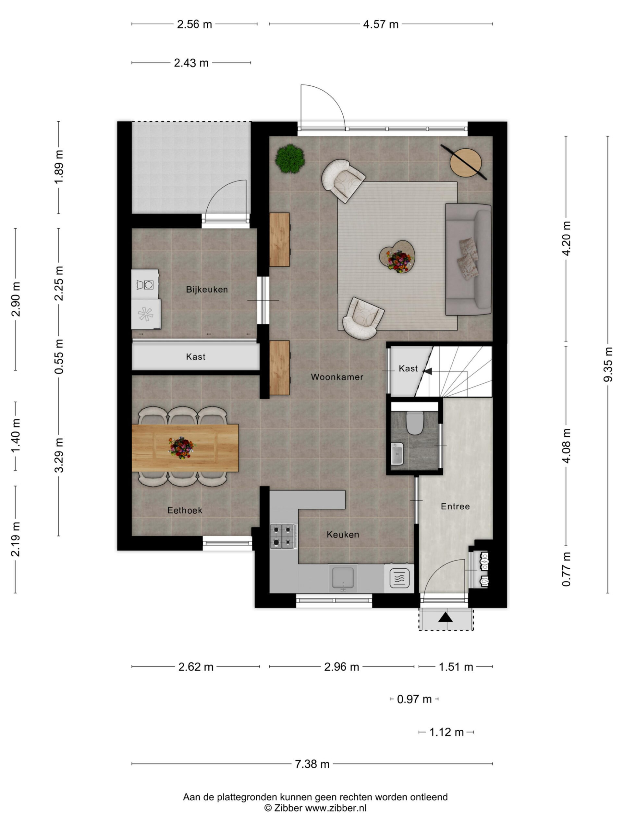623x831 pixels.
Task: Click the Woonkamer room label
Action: pos(337,377)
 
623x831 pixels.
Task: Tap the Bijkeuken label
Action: pos(207,290)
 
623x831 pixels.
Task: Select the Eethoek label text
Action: pos(185,510)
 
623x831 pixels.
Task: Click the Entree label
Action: pos(455,506)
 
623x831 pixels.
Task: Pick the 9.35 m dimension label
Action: pos(608,365)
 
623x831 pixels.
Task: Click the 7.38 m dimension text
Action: pos(312,764)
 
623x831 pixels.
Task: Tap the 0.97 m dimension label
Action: pos(414,699)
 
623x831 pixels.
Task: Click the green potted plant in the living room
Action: pos(289,159)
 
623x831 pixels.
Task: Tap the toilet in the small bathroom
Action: pos(415,423)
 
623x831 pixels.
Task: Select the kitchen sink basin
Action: pos(342,578)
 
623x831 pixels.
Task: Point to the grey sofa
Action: pos(468,260)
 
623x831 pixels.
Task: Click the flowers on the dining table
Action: pos(182,447)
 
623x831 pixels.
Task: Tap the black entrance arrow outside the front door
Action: pos(446,617)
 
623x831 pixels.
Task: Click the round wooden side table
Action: pos(466,162)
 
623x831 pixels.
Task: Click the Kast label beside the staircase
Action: pos(408,368)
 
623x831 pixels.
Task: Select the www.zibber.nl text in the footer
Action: pos(335,808)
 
